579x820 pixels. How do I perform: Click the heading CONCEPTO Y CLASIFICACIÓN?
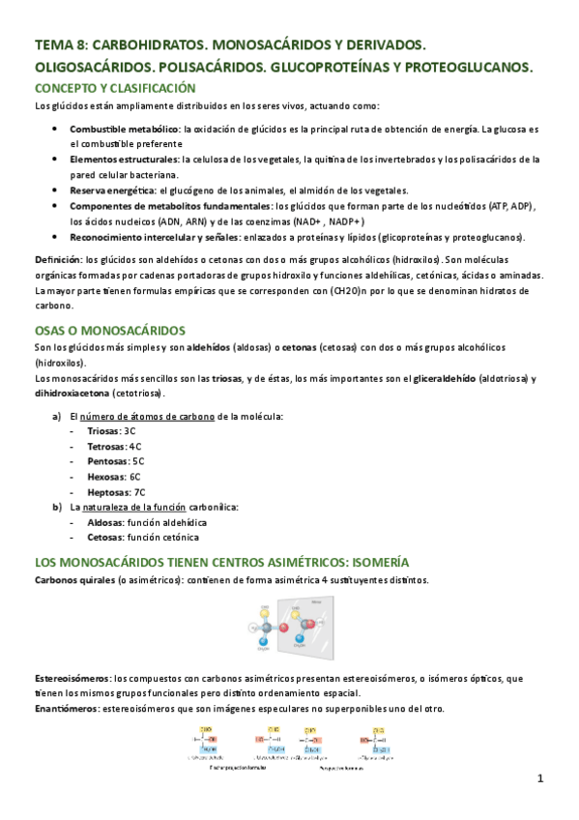[x=115, y=88]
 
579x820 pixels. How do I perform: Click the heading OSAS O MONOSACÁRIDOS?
[x=109, y=330]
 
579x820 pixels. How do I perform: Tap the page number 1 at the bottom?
[x=541, y=778]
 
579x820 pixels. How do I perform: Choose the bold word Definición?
[x=57, y=260]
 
